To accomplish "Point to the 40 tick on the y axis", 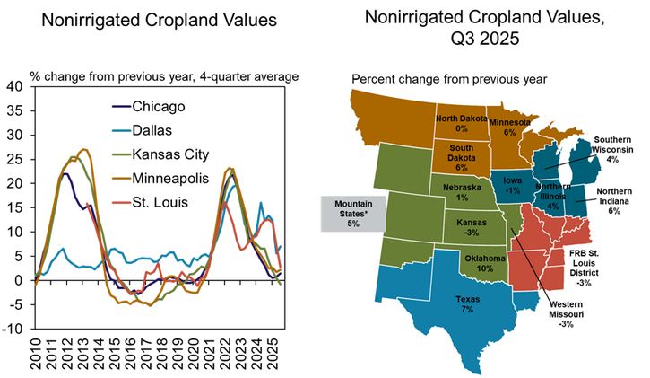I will (x=16, y=87).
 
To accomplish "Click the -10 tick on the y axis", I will (x=14, y=329).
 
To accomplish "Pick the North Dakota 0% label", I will (x=462, y=123).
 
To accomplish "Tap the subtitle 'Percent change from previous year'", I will (x=449, y=79).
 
